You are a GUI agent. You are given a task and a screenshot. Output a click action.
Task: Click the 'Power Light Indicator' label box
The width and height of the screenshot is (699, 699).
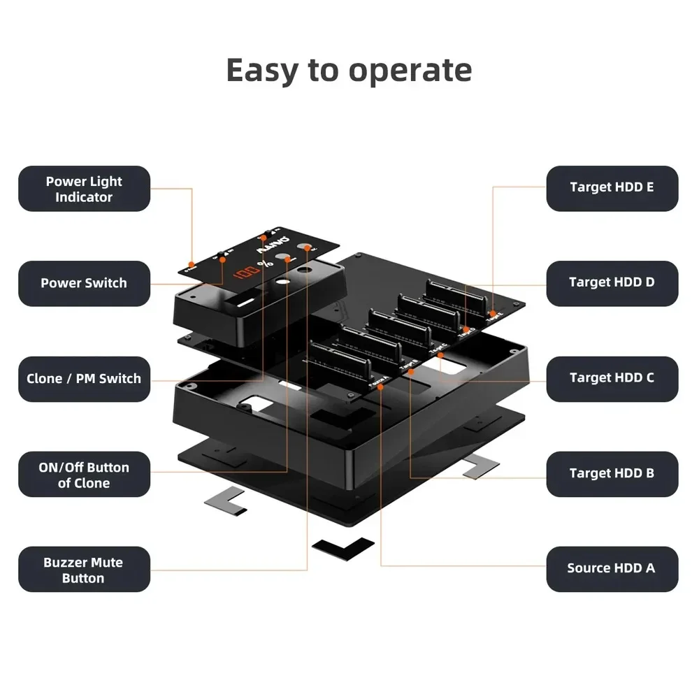[84, 189]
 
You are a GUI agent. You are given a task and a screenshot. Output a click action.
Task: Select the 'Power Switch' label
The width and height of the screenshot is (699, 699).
[84, 283]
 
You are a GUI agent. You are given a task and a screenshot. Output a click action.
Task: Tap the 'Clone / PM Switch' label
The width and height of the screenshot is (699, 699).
[84, 379]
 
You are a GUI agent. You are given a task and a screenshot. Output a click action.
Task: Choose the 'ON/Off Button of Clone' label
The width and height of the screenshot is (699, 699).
[84, 475]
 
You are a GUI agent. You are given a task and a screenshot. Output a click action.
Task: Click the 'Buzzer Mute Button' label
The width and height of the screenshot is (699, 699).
[84, 570]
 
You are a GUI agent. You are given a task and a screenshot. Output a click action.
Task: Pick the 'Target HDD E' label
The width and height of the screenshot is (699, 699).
[612, 187]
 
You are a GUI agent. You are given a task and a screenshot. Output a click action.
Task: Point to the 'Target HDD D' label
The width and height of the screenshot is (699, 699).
[612, 282]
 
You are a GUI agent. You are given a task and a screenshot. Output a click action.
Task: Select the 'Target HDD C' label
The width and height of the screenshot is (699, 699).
[612, 378]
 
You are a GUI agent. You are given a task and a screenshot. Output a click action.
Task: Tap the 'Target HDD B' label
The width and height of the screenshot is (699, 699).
[612, 473]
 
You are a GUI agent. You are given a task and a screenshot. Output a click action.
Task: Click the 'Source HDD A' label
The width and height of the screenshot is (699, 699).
[612, 568]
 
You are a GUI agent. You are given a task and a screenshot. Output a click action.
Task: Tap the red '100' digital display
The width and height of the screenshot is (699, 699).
[245, 270]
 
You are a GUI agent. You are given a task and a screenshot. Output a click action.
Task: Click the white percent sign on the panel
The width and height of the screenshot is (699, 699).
[264, 265]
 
